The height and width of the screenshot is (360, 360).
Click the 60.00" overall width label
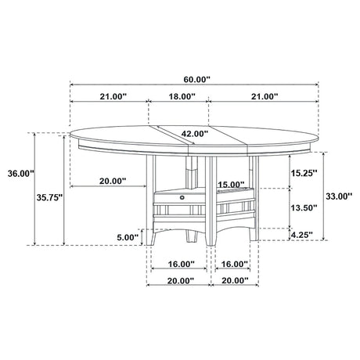196,80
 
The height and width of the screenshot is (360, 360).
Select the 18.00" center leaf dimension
182,96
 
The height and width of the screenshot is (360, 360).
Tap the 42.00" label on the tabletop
195,134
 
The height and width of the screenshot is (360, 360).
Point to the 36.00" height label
21,174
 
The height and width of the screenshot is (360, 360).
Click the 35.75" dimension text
49,198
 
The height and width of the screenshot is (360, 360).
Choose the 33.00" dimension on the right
339,196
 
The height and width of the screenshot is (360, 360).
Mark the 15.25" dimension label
304,173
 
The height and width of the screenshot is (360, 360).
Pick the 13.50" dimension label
304,208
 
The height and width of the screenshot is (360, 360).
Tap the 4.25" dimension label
302,235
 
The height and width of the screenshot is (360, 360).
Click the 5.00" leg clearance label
128,237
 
